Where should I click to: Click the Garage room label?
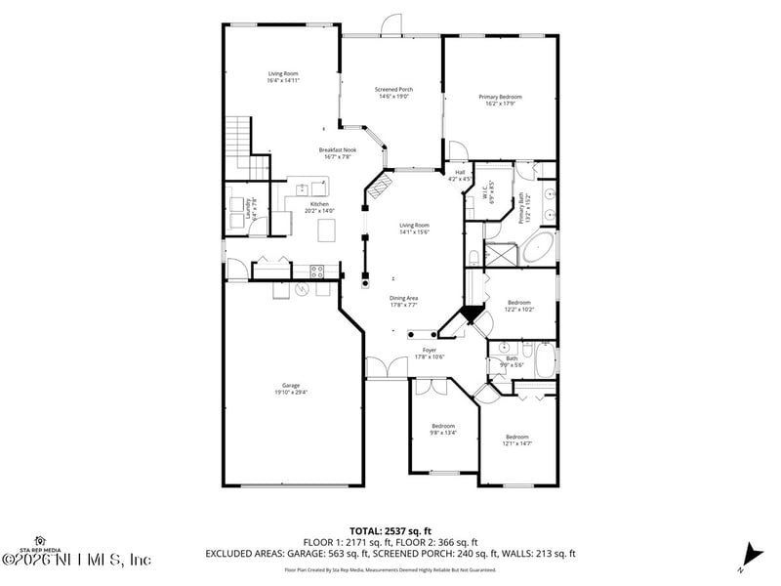(291, 388)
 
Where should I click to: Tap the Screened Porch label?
(392, 93)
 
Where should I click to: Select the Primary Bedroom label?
(500, 99)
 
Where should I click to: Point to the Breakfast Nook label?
(337, 152)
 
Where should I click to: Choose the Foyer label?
(430, 353)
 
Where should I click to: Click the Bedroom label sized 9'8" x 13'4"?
(443, 429)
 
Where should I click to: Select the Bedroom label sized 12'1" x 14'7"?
(517, 439)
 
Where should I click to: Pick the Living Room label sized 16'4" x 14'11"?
(283, 77)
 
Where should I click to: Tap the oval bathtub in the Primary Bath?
(539, 248)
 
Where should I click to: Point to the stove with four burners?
(317, 271)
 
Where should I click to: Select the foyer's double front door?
(387, 368)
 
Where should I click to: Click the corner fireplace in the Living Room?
(381, 185)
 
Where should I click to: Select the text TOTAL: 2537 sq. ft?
(390, 531)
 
